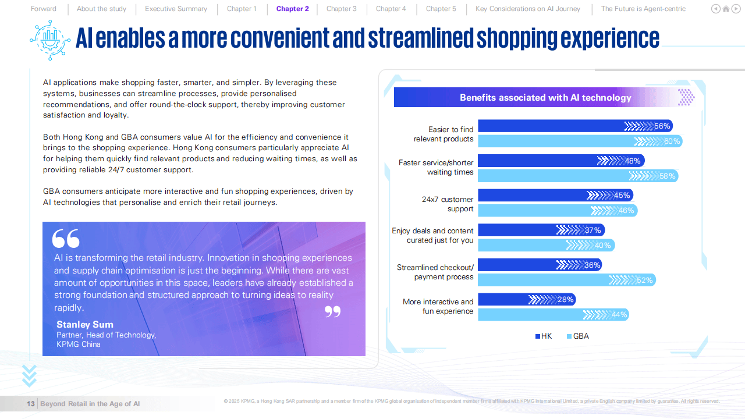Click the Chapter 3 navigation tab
341,9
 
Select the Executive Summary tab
176,9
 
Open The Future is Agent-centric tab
643,9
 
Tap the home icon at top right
726,9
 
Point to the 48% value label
633,161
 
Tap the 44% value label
619,315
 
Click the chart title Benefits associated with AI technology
545,98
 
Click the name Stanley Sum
85,325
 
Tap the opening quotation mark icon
66,239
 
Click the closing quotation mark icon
332,312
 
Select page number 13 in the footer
31,404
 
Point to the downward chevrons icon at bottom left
29,376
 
